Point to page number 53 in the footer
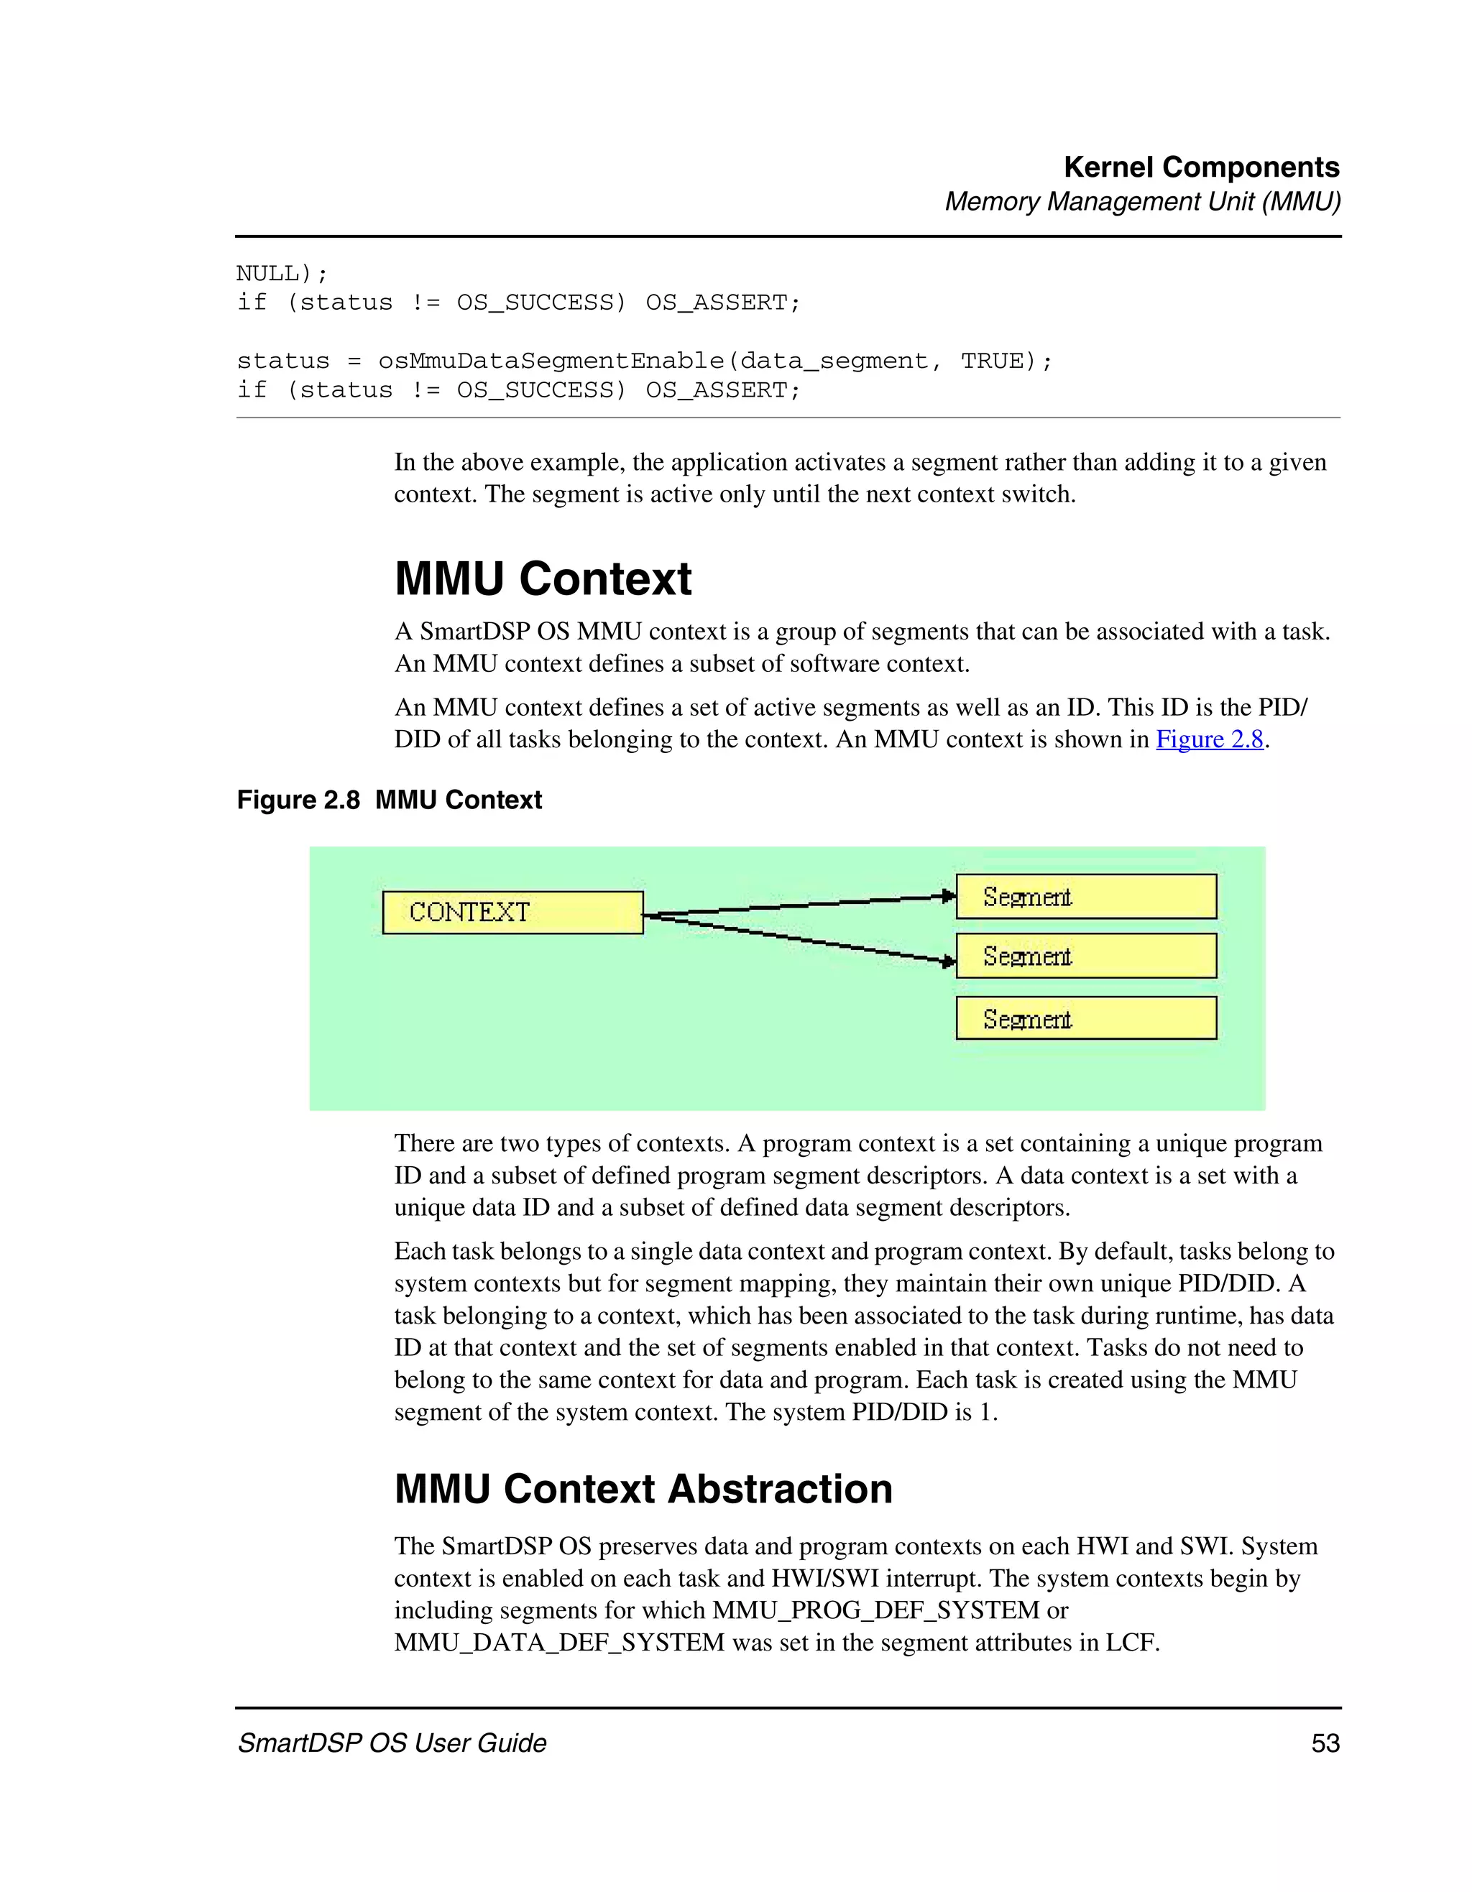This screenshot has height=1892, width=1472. pyautogui.click(x=1325, y=1743)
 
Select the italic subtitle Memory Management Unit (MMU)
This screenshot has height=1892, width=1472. pyautogui.click(x=1142, y=201)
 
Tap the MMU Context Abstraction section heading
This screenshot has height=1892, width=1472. pyautogui.click(x=643, y=1489)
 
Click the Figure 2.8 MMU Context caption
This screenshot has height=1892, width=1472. pyautogui.click(x=389, y=799)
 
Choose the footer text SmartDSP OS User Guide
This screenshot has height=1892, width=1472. pyautogui.click(x=392, y=1743)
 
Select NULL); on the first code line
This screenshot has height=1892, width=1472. pyautogui.click(x=282, y=273)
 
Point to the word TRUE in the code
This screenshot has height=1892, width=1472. pyautogui.click(x=991, y=361)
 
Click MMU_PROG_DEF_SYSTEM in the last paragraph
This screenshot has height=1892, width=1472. pyautogui.click(x=875, y=1610)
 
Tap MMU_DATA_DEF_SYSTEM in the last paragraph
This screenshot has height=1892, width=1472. pyautogui.click(x=558, y=1642)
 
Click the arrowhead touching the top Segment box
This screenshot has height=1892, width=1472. pyautogui.click(x=949, y=897)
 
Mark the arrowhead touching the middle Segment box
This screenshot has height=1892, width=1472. pyautogui.click(x=949, y=961)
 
